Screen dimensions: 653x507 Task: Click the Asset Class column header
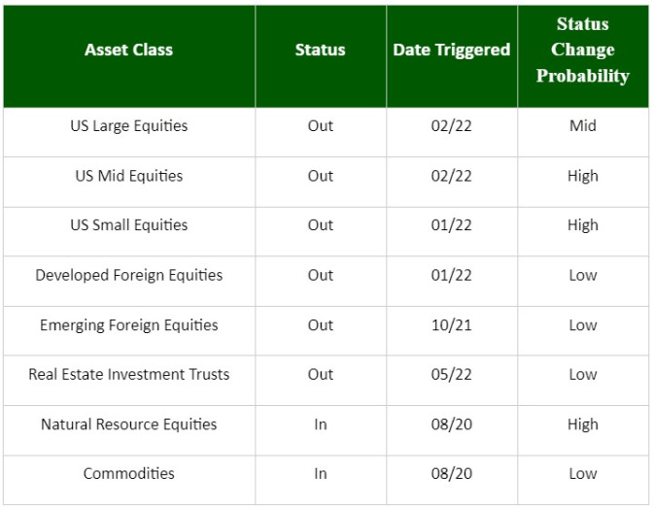click(x=128, y=50)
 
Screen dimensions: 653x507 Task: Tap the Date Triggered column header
click(x=452, y=50)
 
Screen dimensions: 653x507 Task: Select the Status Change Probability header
click(x=583, y=50)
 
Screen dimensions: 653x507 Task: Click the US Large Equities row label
click(x=128, y=125)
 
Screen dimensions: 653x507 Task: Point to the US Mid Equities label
click(x=128, y=176)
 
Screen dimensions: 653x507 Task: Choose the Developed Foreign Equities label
click(x=128, y=275)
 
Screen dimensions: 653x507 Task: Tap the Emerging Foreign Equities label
click(x=128, y=325)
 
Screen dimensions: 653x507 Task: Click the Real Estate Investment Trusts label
click(x=128, y=374)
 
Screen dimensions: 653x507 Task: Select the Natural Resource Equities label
click(x=128, y=424)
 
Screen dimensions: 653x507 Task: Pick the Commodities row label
click(x=128, y=473)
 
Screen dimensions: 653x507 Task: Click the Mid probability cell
click(x=583, y=125)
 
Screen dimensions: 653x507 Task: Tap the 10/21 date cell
click(x=452, y=325)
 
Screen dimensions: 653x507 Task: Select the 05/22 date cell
click(x=452, y=374)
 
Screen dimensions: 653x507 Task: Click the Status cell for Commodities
click(x=321, y=473)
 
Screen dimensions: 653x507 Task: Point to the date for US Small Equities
click(x=452, y=225)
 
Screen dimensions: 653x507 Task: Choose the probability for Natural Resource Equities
click(x=583, y=424)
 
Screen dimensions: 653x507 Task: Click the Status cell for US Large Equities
click(x=321, y=125)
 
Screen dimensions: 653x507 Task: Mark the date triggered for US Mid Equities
click(x=452, y=176)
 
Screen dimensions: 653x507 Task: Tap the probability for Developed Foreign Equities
click(x=583, y=275)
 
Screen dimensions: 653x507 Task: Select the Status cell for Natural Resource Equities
click(x=321, y=424)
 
